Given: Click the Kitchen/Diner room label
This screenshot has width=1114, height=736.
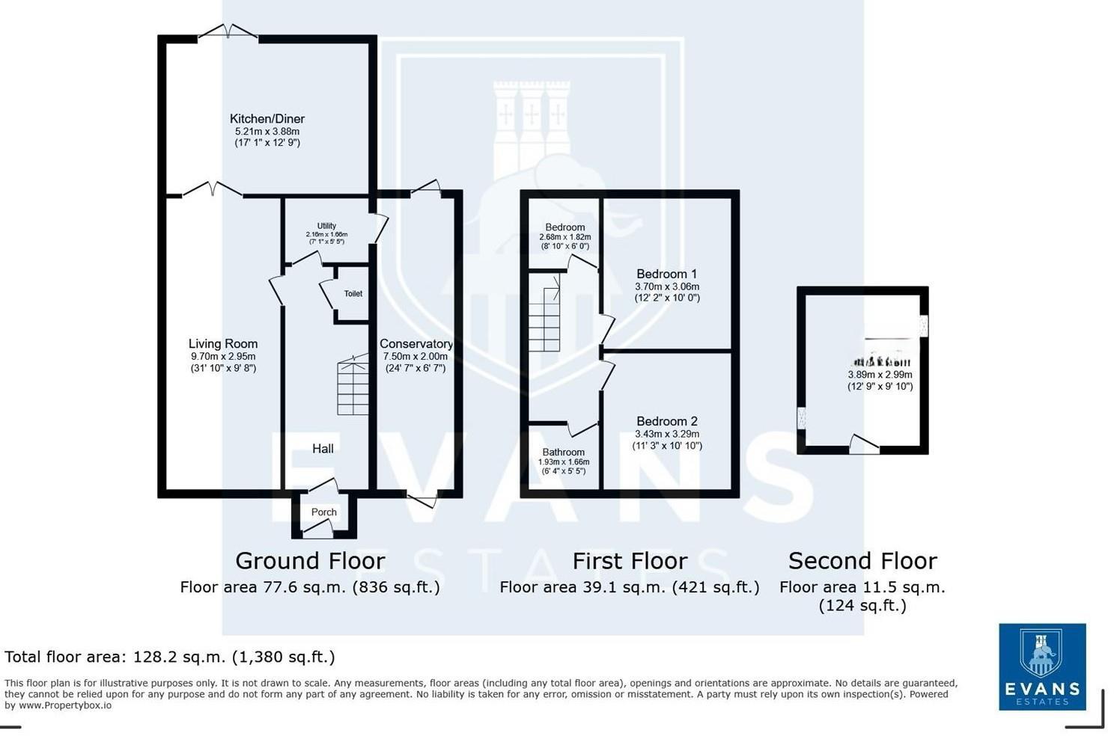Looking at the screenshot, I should [267, 119].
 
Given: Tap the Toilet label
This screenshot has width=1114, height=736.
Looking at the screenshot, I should [353, 294].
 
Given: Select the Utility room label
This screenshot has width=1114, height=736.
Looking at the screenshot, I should [326, 226].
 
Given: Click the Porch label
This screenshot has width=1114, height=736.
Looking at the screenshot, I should [324, 512].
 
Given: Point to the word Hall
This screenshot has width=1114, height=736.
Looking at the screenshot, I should [323, 449].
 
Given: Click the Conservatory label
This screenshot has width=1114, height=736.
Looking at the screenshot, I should [416, 344].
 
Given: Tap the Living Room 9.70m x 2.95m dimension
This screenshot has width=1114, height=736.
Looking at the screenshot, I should [223, 357].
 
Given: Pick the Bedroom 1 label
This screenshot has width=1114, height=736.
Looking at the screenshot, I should [666, 274].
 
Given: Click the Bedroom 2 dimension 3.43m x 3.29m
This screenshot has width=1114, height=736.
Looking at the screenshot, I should [666, 434].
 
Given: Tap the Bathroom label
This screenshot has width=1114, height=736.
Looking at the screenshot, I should [563, 453].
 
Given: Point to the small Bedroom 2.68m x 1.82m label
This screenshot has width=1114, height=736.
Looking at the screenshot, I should [564, 227].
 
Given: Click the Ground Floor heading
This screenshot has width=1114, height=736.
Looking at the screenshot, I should [310, 561].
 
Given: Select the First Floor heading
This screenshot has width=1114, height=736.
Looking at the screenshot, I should [629, 561].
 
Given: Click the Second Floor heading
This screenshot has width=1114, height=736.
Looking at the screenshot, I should [862, 561].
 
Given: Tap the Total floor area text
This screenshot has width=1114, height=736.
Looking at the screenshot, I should [170, 657].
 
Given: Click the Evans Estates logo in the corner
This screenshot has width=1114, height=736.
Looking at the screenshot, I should [1041, 666].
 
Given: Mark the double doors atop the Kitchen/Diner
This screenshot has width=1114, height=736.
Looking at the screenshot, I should [228, 31].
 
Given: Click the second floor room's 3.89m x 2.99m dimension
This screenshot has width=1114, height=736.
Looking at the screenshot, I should [880, 375].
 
